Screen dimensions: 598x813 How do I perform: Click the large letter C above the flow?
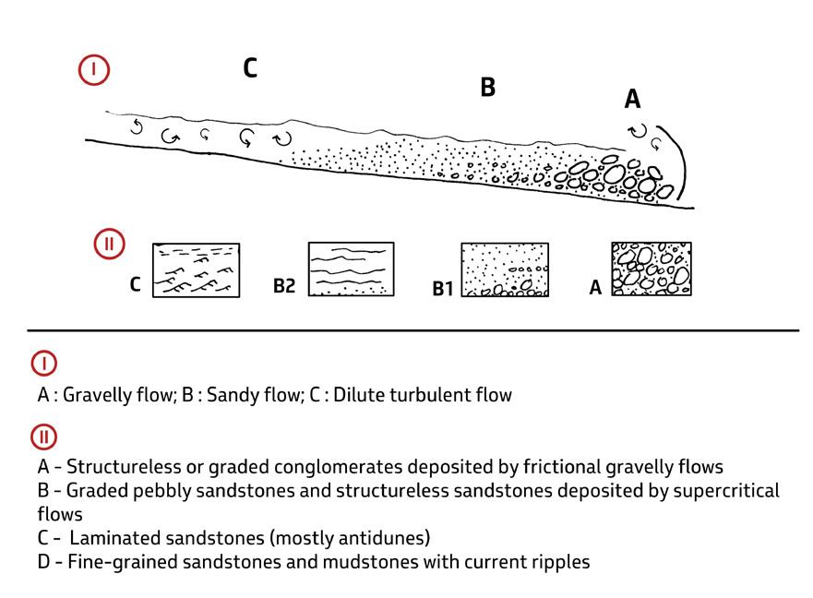tap(249, 67)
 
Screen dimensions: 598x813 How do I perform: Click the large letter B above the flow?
tap(487, 88)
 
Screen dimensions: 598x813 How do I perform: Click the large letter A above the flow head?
tap(632, 99)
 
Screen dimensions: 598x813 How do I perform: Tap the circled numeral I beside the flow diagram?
tap(94, 70)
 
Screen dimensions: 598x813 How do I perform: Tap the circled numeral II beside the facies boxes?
tap(109, 245)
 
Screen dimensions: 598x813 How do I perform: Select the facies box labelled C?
tap(195, 269)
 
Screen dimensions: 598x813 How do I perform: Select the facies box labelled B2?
tap(351, 269)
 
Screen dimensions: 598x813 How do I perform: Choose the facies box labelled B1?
tap(505, 269)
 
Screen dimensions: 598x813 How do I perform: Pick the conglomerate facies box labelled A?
tap(652, 269)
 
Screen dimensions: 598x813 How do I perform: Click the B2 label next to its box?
tap(283, 286)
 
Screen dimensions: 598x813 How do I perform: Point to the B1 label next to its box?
tap(444, 289)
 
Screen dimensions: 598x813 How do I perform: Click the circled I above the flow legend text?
tap(44, 363)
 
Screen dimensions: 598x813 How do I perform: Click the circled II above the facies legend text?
tap(44, 436)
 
